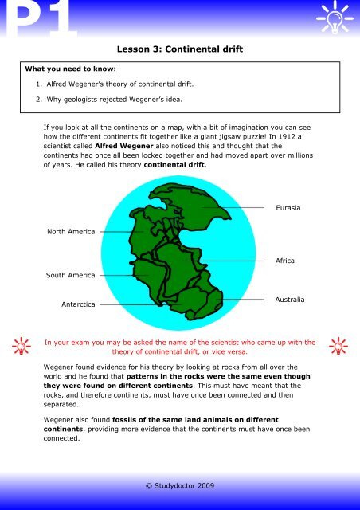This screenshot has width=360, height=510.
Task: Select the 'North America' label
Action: coord(71,232)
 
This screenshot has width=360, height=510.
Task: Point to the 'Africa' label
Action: coord(284,261)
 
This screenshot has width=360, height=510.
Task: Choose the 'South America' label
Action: coord(71,275)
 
